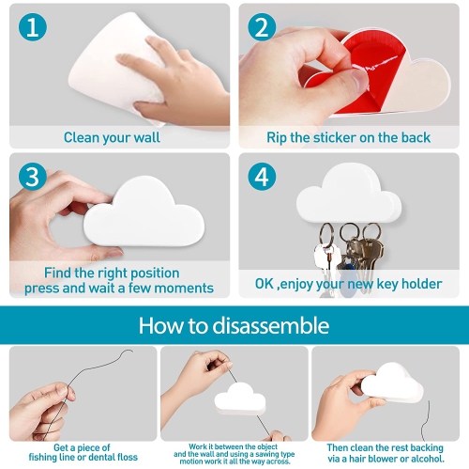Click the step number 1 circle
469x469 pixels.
click(x=33, y=27)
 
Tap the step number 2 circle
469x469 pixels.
click(x=263, y=27)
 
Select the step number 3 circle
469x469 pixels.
click(x=33, y=177)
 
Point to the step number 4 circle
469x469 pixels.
click(x=263, y=177)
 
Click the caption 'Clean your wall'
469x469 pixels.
click(x=112, y=137)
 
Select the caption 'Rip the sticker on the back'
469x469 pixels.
click(x=348, y=137)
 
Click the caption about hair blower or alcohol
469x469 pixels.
click(x=386, y=454)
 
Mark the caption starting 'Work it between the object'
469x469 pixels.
click(x=234, y=445)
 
